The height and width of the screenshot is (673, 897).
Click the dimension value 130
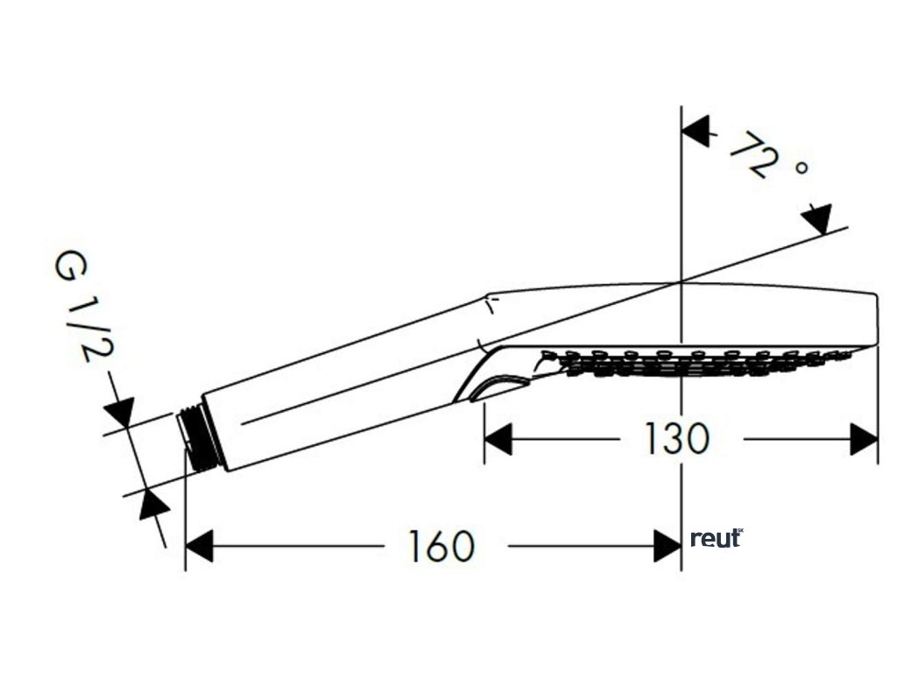point(676,438)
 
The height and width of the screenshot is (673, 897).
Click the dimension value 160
point(441,547)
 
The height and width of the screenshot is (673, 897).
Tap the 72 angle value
point(753,154)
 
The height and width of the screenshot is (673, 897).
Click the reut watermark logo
point(716,538)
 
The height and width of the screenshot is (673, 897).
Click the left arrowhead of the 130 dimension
point(498,439)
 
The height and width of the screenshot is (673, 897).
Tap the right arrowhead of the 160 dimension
point(667,547)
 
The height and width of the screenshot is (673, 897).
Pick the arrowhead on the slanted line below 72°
point(816,219)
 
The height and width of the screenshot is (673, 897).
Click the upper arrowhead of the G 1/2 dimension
point(119,410)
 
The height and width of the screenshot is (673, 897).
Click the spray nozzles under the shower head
point(692,361)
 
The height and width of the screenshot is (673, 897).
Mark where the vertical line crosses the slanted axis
point(682,281)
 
